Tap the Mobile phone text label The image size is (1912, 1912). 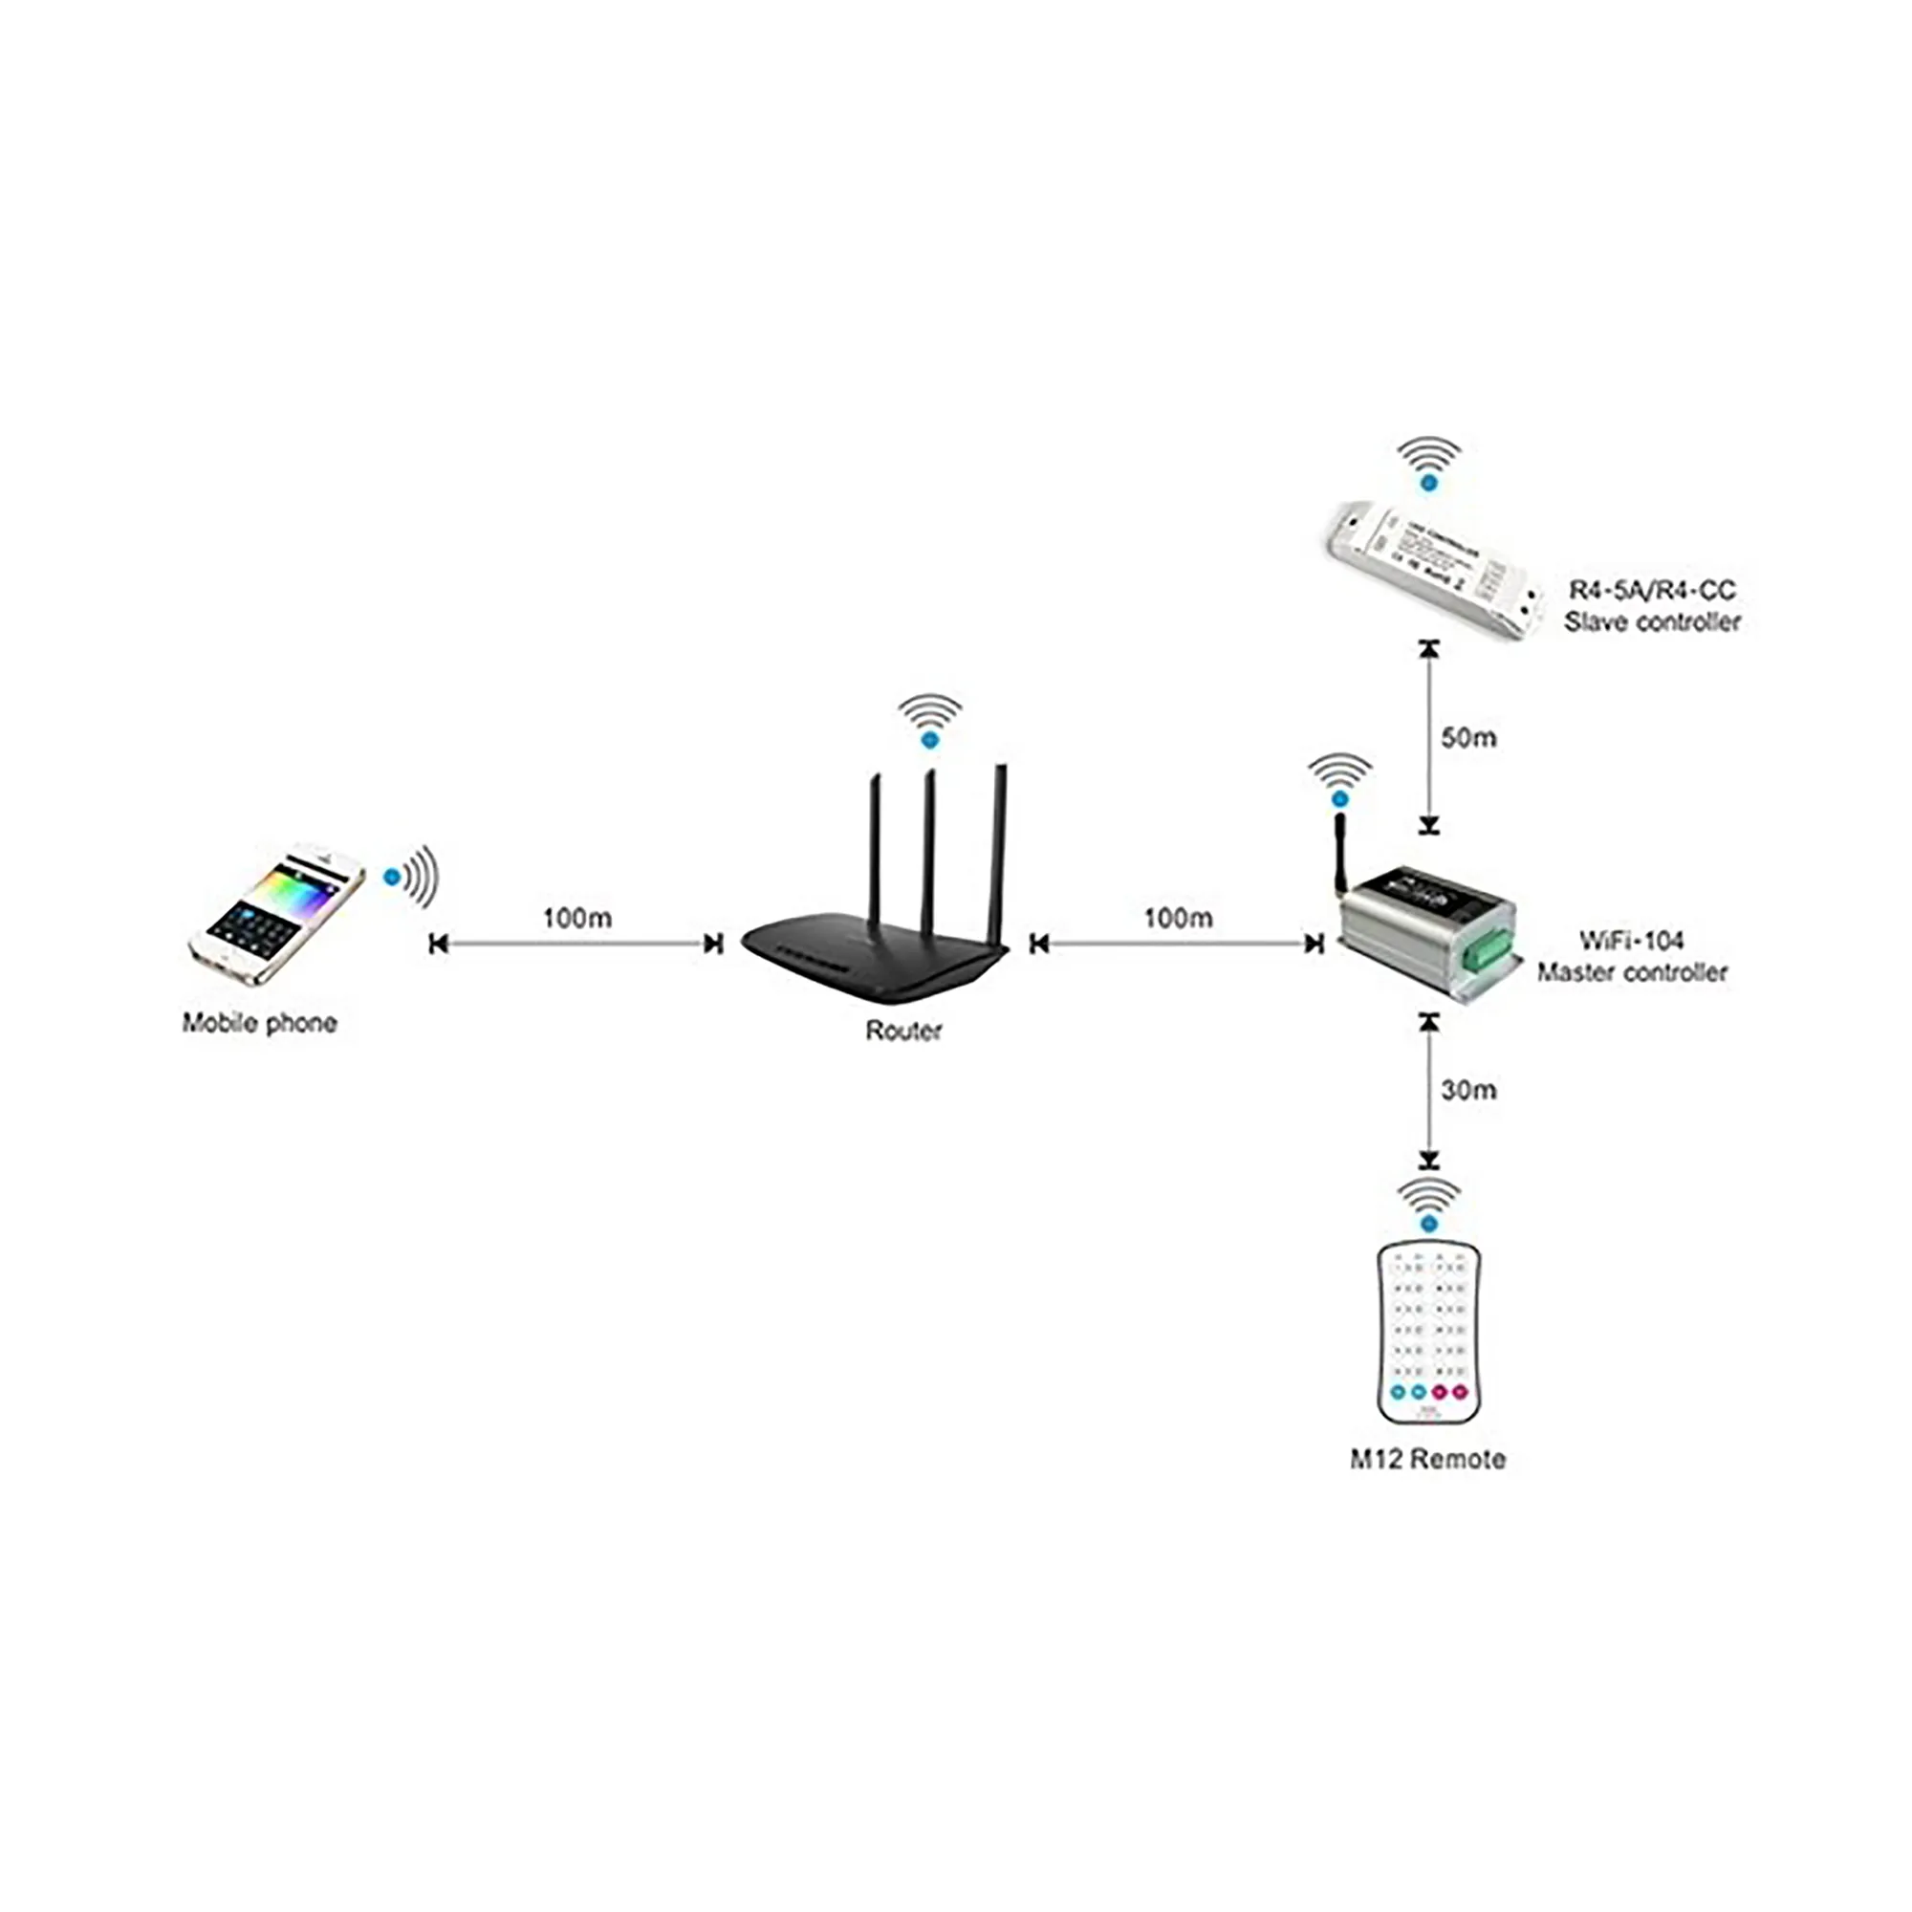click(x=259, y=1023)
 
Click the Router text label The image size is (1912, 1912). click(x=902, y=1031)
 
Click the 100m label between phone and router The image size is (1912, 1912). click(x=577, y=918)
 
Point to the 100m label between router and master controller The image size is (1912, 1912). click(x=1178, y=918)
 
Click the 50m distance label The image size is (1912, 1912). click(x=1468, y=737)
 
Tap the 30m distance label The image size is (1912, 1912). click(x=1468, y=1090)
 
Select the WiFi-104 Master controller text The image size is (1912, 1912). click(x=1631, y=956)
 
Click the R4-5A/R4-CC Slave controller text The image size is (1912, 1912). click(x=1652, y=606)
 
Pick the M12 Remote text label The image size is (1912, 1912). click(x=1427, y=1459)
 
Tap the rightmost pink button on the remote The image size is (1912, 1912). click(x=1461, y=1391)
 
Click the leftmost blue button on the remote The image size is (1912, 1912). click(x=1398, y=1391)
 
